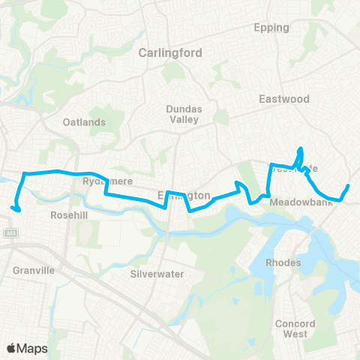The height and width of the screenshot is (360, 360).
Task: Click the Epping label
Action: click(271, 28)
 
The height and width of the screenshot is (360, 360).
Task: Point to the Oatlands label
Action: click(84, 122)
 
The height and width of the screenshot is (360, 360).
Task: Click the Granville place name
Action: click(34, 270)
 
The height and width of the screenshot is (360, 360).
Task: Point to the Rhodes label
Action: click(283, 262)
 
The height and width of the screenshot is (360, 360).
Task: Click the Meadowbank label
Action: click(294, 202)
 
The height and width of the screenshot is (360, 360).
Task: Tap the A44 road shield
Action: click(10, 232)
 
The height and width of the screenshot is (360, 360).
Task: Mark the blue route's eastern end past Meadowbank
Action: click(349, 185)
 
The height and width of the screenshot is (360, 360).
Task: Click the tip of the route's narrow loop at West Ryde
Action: click(301, 148)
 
